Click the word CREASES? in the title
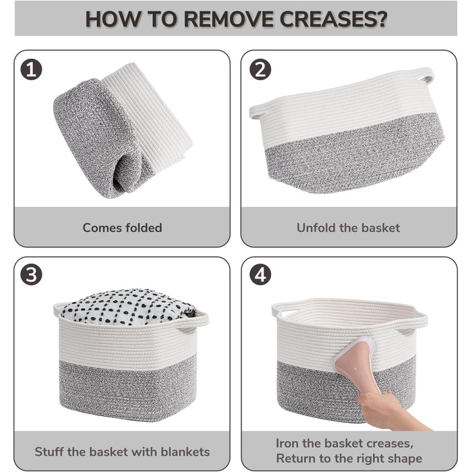(333, 19)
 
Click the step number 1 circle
(31, 69)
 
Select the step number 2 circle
(260, 69)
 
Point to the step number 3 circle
(31, 274)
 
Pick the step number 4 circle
(260, 274)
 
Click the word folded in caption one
(144, 228)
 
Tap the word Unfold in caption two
(316, 228)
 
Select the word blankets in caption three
(185, 452)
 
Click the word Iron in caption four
(288, 443)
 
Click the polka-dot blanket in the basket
(128, 306)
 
